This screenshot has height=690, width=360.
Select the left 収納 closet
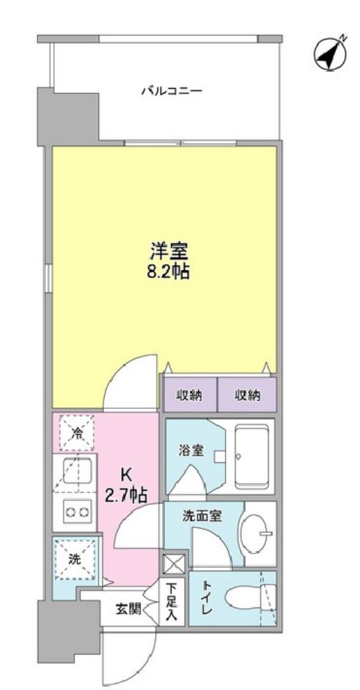coord(189,395)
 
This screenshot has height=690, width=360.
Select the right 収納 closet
coord(248,395)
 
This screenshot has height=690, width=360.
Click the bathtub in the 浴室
coord(253,455)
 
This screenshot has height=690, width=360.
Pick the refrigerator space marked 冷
coord(76,434)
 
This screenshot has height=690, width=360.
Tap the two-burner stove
coord(76,511)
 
